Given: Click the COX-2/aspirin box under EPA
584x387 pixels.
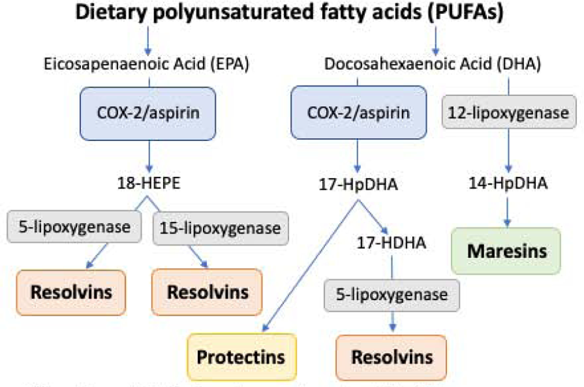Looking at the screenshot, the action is (x=148, y=114).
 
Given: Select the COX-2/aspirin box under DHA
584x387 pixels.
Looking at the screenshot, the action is (x=359, y=113).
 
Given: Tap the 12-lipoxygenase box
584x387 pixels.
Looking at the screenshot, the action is (x=509, y=112).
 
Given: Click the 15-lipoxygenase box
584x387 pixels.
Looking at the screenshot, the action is (x=220, y=228).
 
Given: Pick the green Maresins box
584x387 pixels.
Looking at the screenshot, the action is (x=506, y=251).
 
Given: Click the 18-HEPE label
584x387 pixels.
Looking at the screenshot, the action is (x=149, y=183).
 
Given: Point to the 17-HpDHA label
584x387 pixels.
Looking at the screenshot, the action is (x=358, y=185).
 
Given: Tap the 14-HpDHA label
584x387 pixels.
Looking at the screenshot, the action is (x=508, y=183).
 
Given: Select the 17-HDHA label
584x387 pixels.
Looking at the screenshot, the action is (x=391, y=243).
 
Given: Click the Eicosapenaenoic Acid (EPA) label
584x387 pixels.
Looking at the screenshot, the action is (x=146, y=64).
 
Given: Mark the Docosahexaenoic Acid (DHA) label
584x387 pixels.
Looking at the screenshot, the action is (x=432, y=64).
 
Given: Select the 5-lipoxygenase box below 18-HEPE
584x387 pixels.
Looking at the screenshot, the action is (x=74, y=227).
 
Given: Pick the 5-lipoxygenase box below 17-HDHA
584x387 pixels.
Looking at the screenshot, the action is (x=392, y=295).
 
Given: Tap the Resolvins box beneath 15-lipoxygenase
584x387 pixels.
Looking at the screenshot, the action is (x=207, y=292).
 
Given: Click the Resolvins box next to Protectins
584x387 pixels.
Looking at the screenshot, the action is (x=391, y=357).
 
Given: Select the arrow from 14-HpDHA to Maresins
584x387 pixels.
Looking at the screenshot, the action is (x=507, y=212).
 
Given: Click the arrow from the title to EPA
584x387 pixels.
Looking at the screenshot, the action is (x=148, y=41).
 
